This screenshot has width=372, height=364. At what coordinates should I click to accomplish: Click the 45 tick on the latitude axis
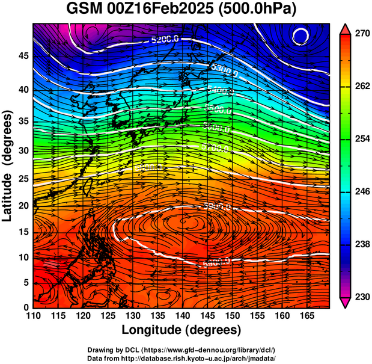(24, 55)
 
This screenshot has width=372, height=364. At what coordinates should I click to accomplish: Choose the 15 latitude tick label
(24, 232)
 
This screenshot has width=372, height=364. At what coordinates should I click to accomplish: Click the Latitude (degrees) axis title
(8, 165)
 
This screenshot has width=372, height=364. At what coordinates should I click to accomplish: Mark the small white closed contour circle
(300, 36)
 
